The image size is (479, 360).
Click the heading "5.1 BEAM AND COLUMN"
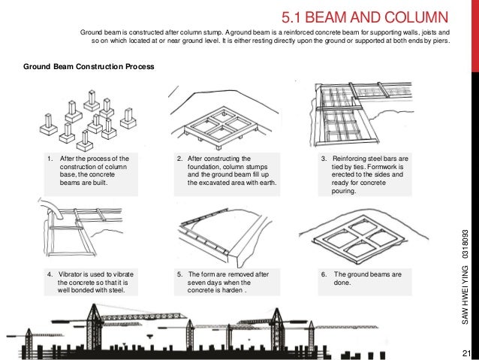365,17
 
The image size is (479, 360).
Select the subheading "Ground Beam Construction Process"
89,67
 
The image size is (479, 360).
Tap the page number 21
466,353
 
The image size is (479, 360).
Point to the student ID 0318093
465,244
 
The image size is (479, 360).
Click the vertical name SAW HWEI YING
465,295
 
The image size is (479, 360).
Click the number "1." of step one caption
50,159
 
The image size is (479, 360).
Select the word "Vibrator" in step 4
69,274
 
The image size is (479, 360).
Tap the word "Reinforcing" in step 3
349,159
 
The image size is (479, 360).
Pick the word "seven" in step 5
196,283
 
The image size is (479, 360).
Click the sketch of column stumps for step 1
88,120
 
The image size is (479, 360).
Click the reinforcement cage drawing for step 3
362,113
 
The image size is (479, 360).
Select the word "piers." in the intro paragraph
441,41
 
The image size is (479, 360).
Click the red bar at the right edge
475,36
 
